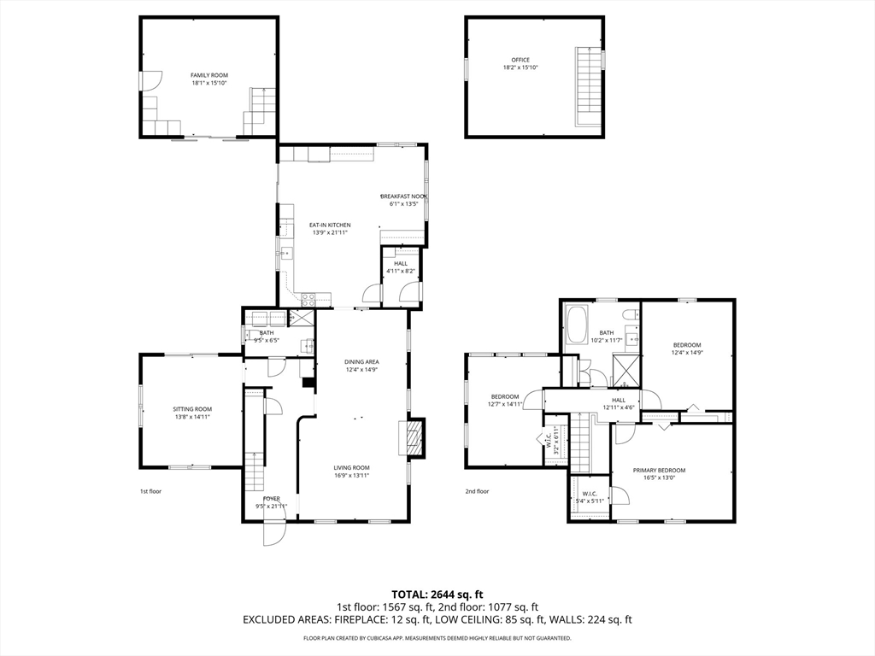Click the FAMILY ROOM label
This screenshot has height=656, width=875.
pos(209,75)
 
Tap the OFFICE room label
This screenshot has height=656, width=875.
pos(520,60)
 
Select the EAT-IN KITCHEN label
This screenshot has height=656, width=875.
pos(331,225)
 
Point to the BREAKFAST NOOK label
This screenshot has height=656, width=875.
pos(404,196)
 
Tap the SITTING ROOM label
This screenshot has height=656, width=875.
pos(192,409)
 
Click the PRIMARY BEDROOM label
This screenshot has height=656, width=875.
pos(659,471)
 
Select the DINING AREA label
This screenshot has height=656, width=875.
pos(361,362)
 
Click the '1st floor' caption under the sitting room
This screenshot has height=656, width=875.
pos(150,491)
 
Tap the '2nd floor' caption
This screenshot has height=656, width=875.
pos(477,491)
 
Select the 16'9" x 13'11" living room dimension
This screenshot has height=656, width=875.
pos(351,476)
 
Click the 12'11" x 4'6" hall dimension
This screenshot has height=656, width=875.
pos(619,407)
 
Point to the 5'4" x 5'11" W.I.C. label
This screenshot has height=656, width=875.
pos(590,501)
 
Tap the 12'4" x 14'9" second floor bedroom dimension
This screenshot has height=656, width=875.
pos(686,353)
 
